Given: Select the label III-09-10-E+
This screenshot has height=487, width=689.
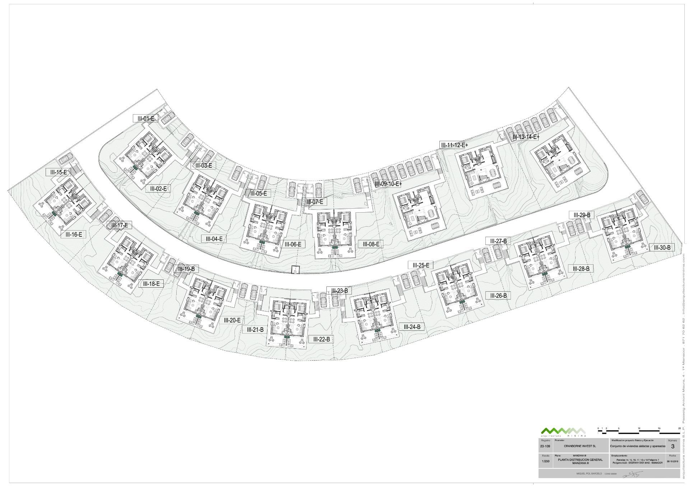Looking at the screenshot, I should click(388, 184).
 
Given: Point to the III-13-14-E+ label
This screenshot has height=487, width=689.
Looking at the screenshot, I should click(526, 136).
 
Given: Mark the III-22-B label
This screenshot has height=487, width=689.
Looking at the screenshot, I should click(321, 339).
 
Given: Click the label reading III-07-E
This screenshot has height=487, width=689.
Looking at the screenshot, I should click(315, 202).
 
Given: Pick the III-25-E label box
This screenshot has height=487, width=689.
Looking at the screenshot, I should click(421, 265).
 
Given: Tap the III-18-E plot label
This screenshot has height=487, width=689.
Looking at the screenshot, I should click(151, 284).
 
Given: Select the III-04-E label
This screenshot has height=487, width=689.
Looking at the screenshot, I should click(214, 238).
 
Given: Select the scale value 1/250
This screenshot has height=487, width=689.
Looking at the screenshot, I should click(545, 461).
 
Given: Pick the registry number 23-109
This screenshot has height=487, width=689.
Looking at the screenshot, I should click(545, 446).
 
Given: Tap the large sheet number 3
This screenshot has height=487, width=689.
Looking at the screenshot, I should click(672, 446).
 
